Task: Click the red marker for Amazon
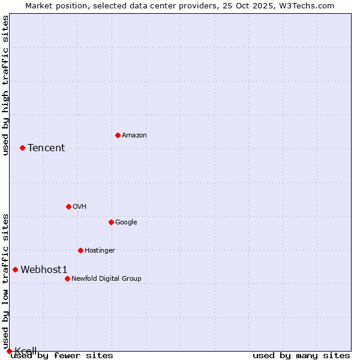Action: [118, 135]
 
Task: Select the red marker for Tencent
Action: [22, 148]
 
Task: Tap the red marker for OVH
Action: [68, 206]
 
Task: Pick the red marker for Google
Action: [111, 222]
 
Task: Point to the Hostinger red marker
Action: [80, 250]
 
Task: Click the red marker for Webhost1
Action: [15, 269]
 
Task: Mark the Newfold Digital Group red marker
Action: [67, 278]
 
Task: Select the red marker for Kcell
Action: [9, 351]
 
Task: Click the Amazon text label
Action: [134, 135]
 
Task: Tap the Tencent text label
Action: [46, 148]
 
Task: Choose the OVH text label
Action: [80, 206]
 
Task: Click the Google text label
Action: [126, 222]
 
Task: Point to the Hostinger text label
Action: [100, 250]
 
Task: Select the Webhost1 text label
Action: [44, 269]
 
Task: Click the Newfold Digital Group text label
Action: [106, 278]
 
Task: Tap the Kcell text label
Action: [26, 350]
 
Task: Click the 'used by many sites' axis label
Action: [301, 355]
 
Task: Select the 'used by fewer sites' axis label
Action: [62, 355]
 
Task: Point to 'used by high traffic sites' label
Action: [5, 85]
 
